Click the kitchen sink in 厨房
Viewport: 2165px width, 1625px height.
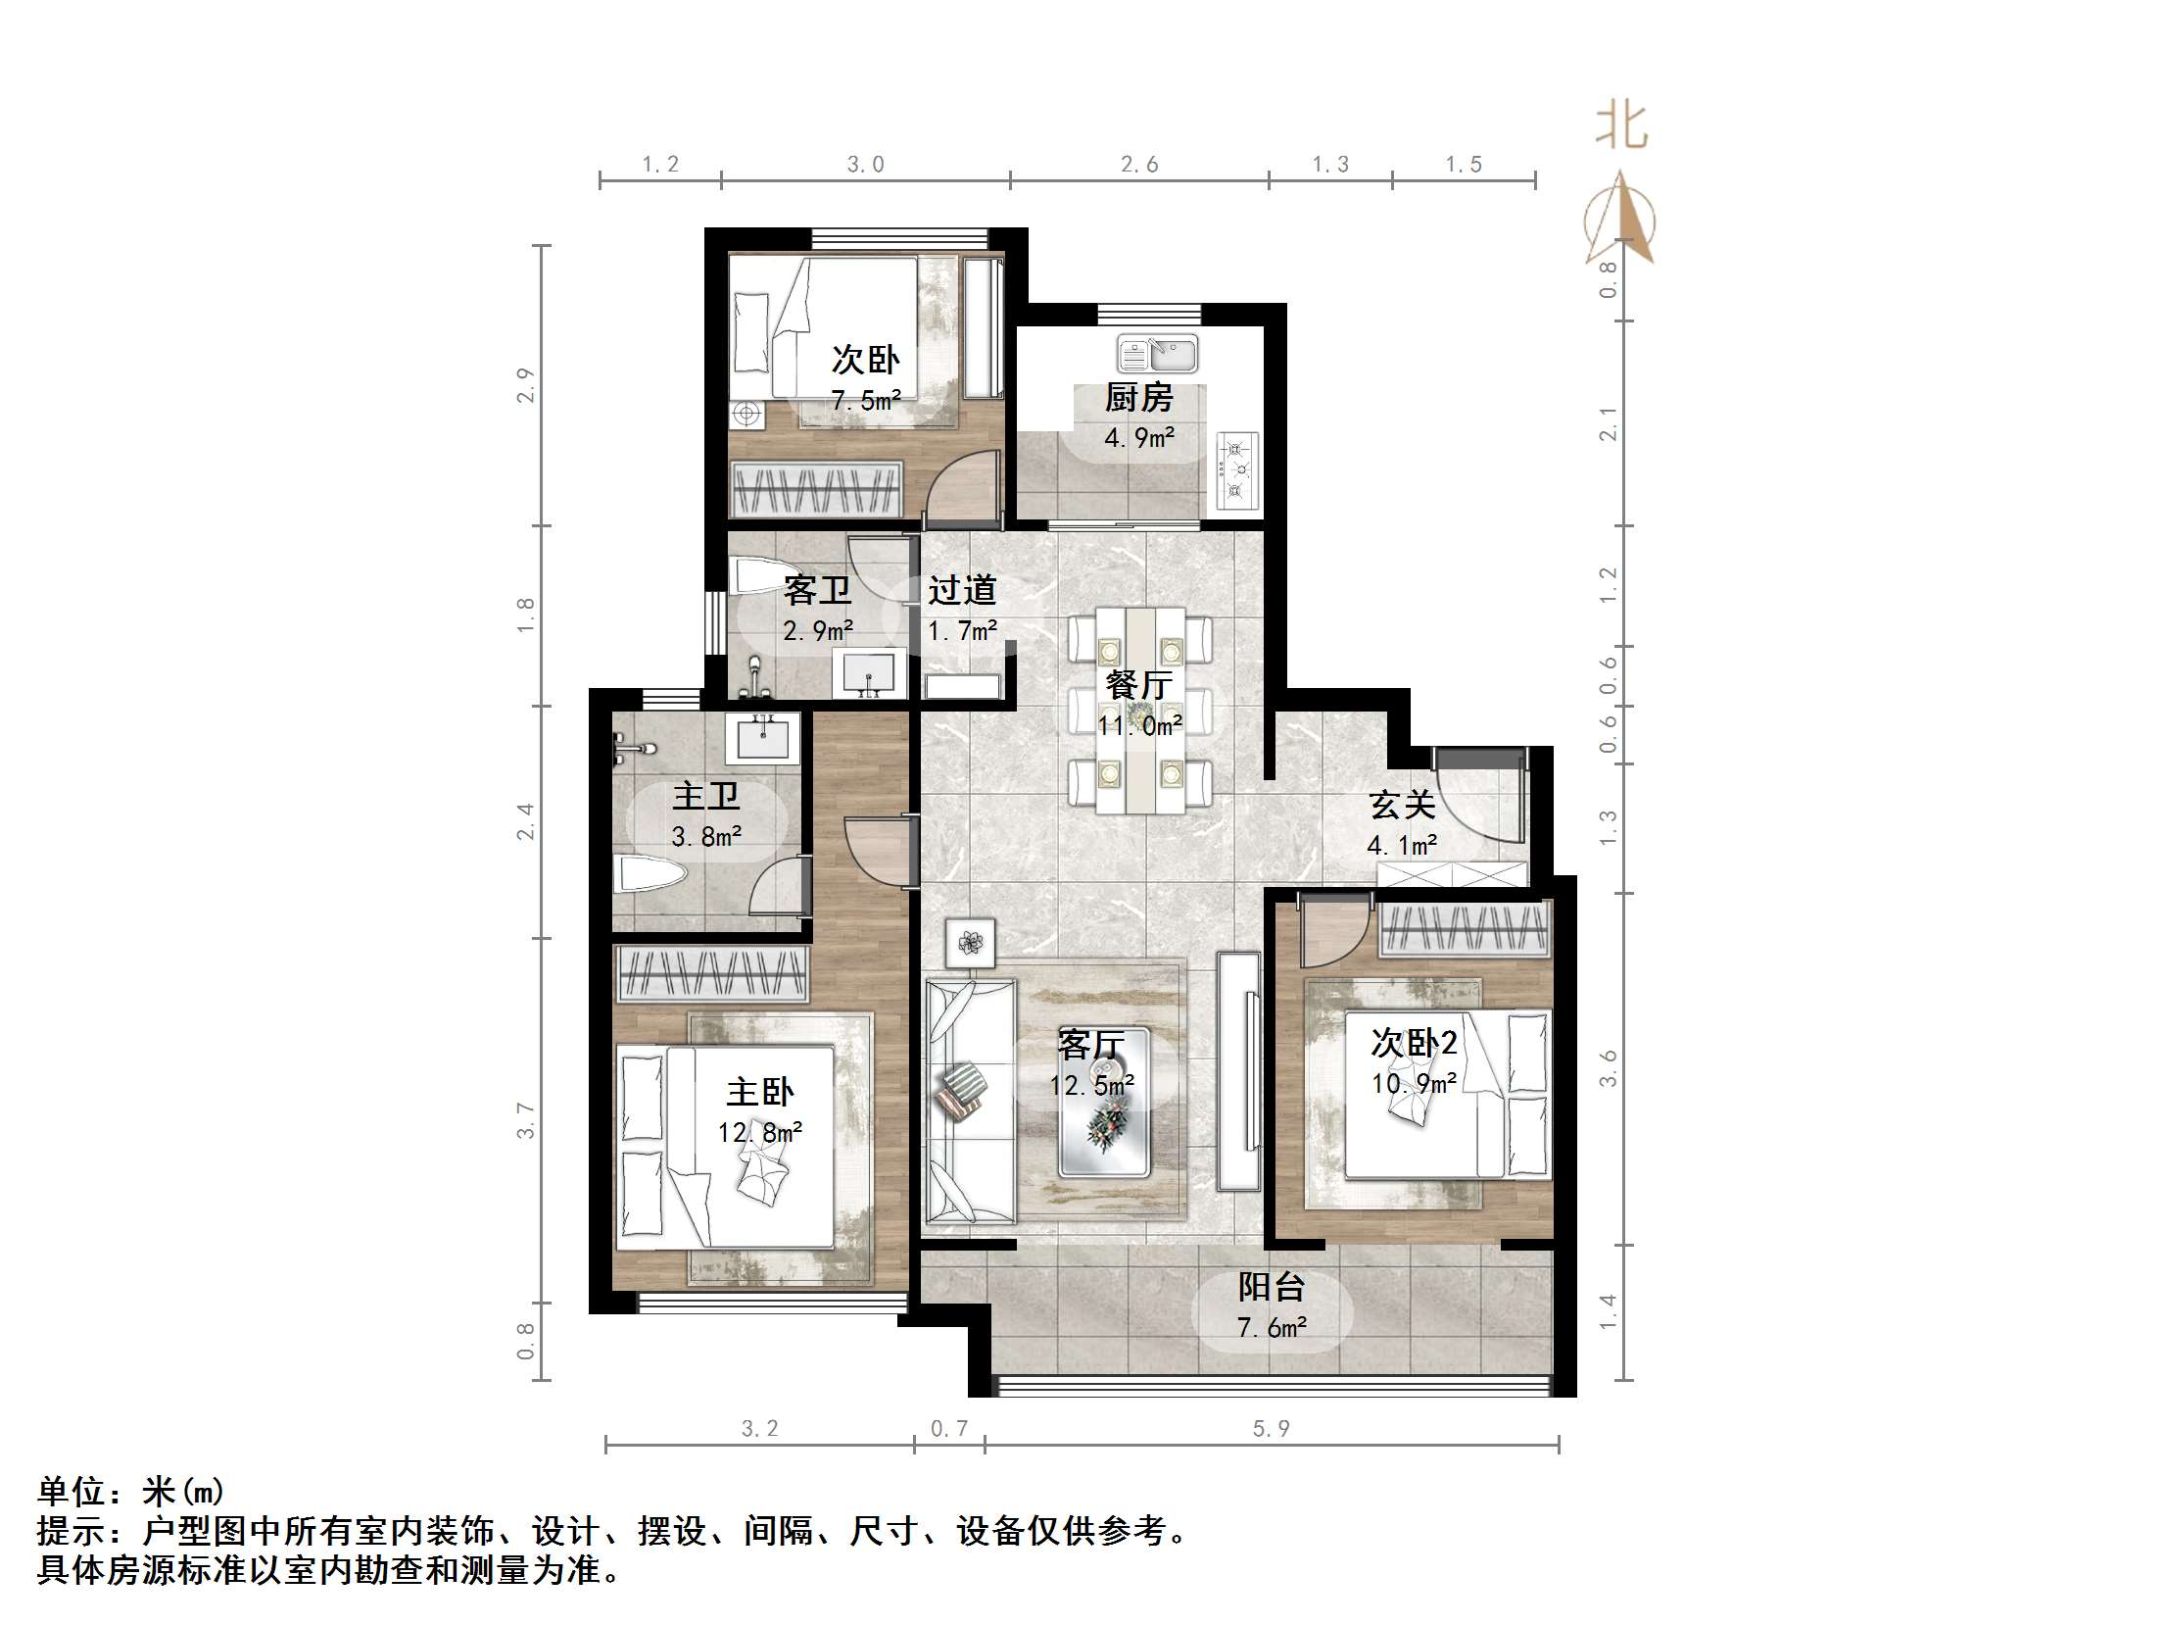(1157, 353)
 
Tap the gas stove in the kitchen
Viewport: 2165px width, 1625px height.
(1237, 471)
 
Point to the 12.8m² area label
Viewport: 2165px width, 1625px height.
(759, 1133)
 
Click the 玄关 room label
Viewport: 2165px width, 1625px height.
(1402, 805)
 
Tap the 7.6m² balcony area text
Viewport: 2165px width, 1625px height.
(1271, 1328)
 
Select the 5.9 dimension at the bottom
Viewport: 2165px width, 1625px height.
(1271, 1429)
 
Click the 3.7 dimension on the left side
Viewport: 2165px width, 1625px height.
(526, 1119)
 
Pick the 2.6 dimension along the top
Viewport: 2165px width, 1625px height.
(1139, 165)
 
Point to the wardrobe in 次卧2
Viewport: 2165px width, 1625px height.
(1465, 928)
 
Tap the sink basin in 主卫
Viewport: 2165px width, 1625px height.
(762, 738)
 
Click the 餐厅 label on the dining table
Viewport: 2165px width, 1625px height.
(1138, 684)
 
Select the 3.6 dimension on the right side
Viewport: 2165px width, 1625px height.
(1608, 1067)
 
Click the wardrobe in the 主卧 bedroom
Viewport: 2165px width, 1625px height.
(710, 973)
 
